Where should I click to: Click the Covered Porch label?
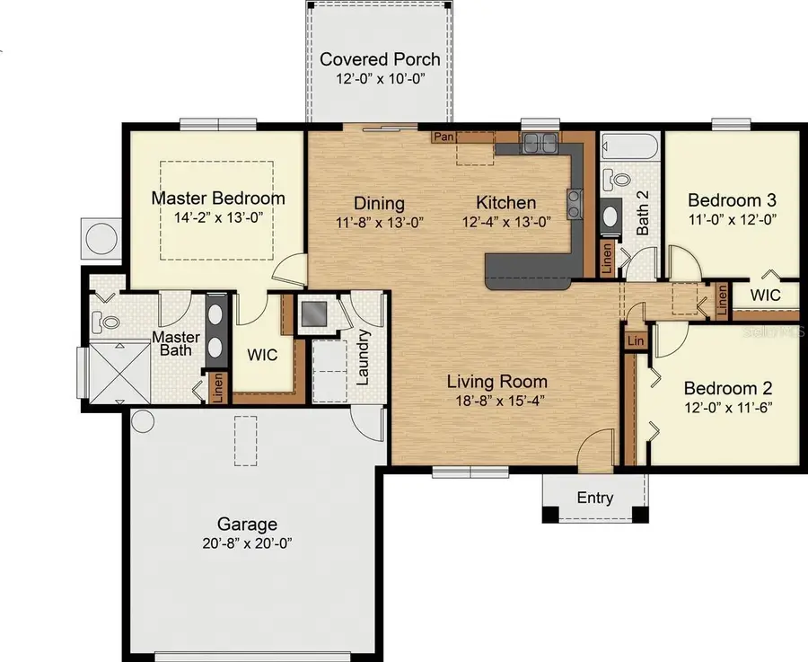point(380,60)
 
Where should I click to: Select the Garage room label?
point(247,525)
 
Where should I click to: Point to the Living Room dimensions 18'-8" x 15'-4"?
point(496,401)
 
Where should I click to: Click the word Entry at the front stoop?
point(595,499)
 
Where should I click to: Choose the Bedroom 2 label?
point(728,389)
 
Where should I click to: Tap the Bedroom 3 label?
point(732,199)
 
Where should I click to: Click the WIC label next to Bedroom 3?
point(765,295)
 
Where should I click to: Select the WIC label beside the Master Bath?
point(263,355)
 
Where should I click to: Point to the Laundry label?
point(364,357)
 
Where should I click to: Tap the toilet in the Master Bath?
point(107,319)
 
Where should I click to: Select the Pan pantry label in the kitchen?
point(443,137)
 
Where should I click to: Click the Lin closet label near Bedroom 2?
point(636,341)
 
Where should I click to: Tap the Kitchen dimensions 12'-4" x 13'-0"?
point(505,221)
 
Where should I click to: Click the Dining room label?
point(379,204)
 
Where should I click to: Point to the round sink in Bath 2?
point(610,216)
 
